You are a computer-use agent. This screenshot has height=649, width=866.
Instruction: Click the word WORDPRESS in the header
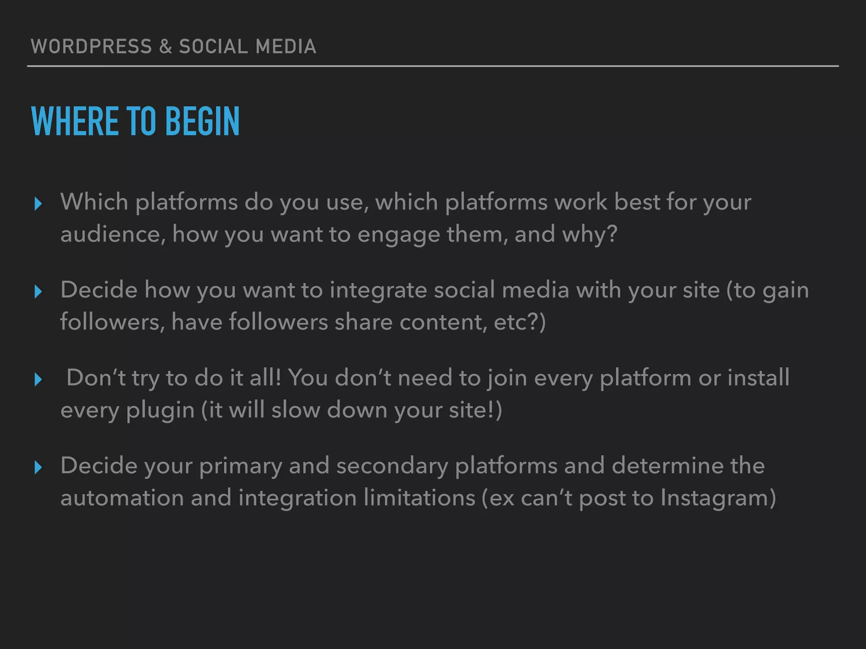click(x=91, y=46)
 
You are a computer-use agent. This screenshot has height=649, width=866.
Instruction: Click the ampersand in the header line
click(x=166, y=46)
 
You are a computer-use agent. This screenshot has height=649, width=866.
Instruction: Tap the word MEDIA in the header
click(x=286, y=46)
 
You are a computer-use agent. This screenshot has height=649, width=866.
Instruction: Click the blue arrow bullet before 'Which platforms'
click(x=38, y=204)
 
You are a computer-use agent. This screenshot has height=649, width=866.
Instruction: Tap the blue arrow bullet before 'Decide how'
click(x=38, y=292)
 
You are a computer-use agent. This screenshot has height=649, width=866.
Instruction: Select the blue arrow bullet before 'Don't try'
click(x=38, y=379)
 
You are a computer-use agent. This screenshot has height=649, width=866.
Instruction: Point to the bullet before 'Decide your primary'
click(x=38, y=467)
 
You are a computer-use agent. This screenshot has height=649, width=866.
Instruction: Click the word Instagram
click(x=718, y=498)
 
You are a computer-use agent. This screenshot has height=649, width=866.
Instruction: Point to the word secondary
click(x=392, y=466)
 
